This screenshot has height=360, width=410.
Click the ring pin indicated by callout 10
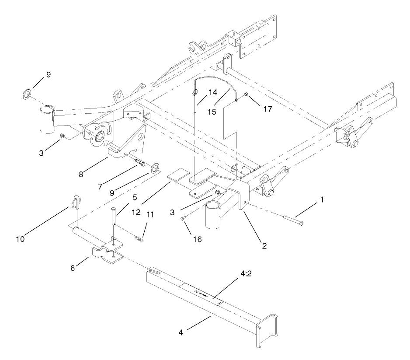[76, 203]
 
